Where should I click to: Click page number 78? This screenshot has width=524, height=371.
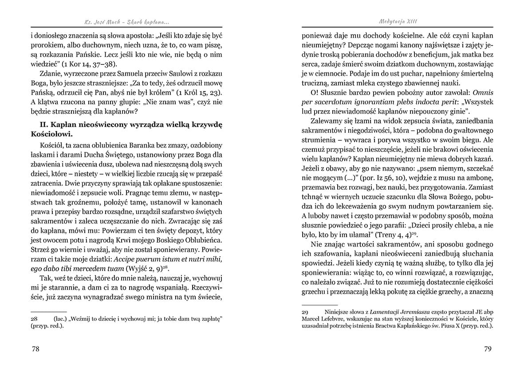(35, 349)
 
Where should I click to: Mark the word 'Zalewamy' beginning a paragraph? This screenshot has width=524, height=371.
(327, 121)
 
